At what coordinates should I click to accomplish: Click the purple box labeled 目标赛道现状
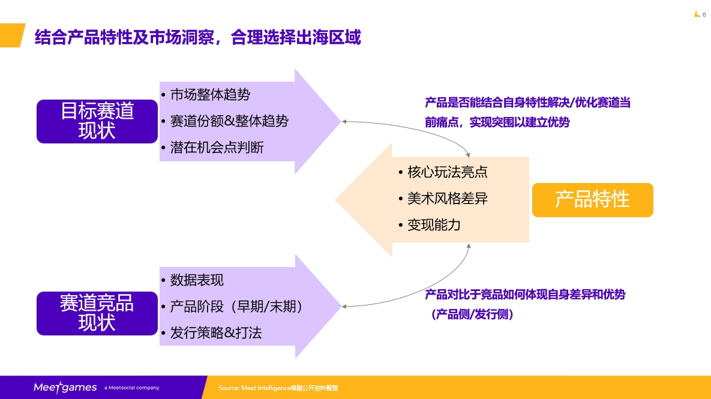click(x=97, y=121)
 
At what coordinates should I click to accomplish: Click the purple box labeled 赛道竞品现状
click(x=97, y=313)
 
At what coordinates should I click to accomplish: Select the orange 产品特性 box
click(x=592, y=200)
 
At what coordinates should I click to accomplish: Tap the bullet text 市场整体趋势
click(x=209, y=94)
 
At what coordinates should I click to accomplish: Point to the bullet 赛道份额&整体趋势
click(x=229, y=121)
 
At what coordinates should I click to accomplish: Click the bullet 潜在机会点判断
click(x=216, y=147)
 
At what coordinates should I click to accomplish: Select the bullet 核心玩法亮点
click(x=446, y=172)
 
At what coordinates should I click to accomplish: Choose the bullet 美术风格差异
click(x=446, y=199)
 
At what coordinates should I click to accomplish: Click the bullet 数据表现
click(x=196, y=280)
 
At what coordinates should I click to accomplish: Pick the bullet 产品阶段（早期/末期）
click(x=236, y=307)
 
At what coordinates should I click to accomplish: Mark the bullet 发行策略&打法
click(x=215, y=333)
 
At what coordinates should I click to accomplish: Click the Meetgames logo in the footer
click(x=65, y=388)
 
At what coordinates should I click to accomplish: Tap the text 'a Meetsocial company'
click(x=132, y=388)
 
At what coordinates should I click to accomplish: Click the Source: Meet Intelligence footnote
click(x=283, y=388)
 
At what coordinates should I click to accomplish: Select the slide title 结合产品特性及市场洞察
click(x=198, y=37)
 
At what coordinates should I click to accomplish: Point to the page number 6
click(x=704, y=15)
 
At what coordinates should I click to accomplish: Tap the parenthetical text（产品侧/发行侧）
click(x=472, y=314)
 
